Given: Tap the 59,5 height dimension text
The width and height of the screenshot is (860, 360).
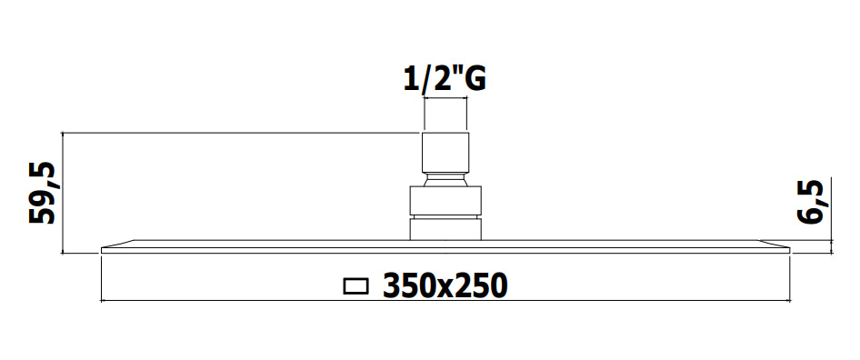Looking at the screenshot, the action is pyautogui.click(x=43, y=193).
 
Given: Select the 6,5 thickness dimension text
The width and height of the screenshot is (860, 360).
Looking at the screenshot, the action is pyautogui.click(x=811, y=202).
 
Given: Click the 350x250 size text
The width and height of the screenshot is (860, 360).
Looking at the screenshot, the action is pyautogui.click(x=445, y=286).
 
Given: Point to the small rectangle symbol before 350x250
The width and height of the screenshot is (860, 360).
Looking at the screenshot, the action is pyautogui.click(x=355, y=286).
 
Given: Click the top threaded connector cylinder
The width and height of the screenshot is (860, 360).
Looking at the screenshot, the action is pyautogui.click(x=445, y=153).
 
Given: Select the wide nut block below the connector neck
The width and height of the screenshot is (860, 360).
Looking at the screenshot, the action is pyautogui.click(x=445, y=201).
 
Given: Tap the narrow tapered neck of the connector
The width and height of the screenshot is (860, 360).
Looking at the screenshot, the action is pyautogui.click(x=445, y=180).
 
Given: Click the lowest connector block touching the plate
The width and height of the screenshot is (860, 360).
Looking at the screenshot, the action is pyautogui.click(x=445, y=229).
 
